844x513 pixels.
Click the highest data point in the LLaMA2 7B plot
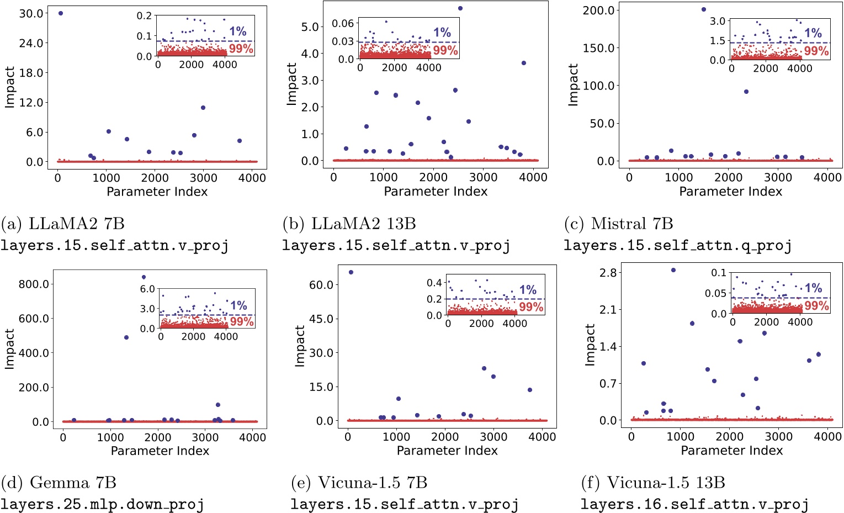coord(60,13)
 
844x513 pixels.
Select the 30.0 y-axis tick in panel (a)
coord(31,13)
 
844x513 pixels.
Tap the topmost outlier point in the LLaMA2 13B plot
coord(460,8)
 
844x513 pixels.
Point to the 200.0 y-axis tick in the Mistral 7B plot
coord(599,10)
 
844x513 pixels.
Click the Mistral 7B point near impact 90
coord(746,92)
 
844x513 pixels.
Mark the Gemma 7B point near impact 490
coord(126,337)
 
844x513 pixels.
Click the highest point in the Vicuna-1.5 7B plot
coord(351,272)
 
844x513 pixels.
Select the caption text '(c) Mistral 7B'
coord(618,224)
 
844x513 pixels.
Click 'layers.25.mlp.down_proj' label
coord(102,504)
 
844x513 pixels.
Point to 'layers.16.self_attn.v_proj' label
coord(694,504)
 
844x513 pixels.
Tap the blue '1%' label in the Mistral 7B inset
coord(813,33)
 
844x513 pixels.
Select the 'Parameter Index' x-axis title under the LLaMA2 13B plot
coord(436,192)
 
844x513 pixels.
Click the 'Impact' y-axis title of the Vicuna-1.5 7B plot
coord(300,346)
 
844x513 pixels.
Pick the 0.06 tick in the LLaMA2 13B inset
coord(343,23)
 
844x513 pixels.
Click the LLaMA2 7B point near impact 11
coord(203,108)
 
